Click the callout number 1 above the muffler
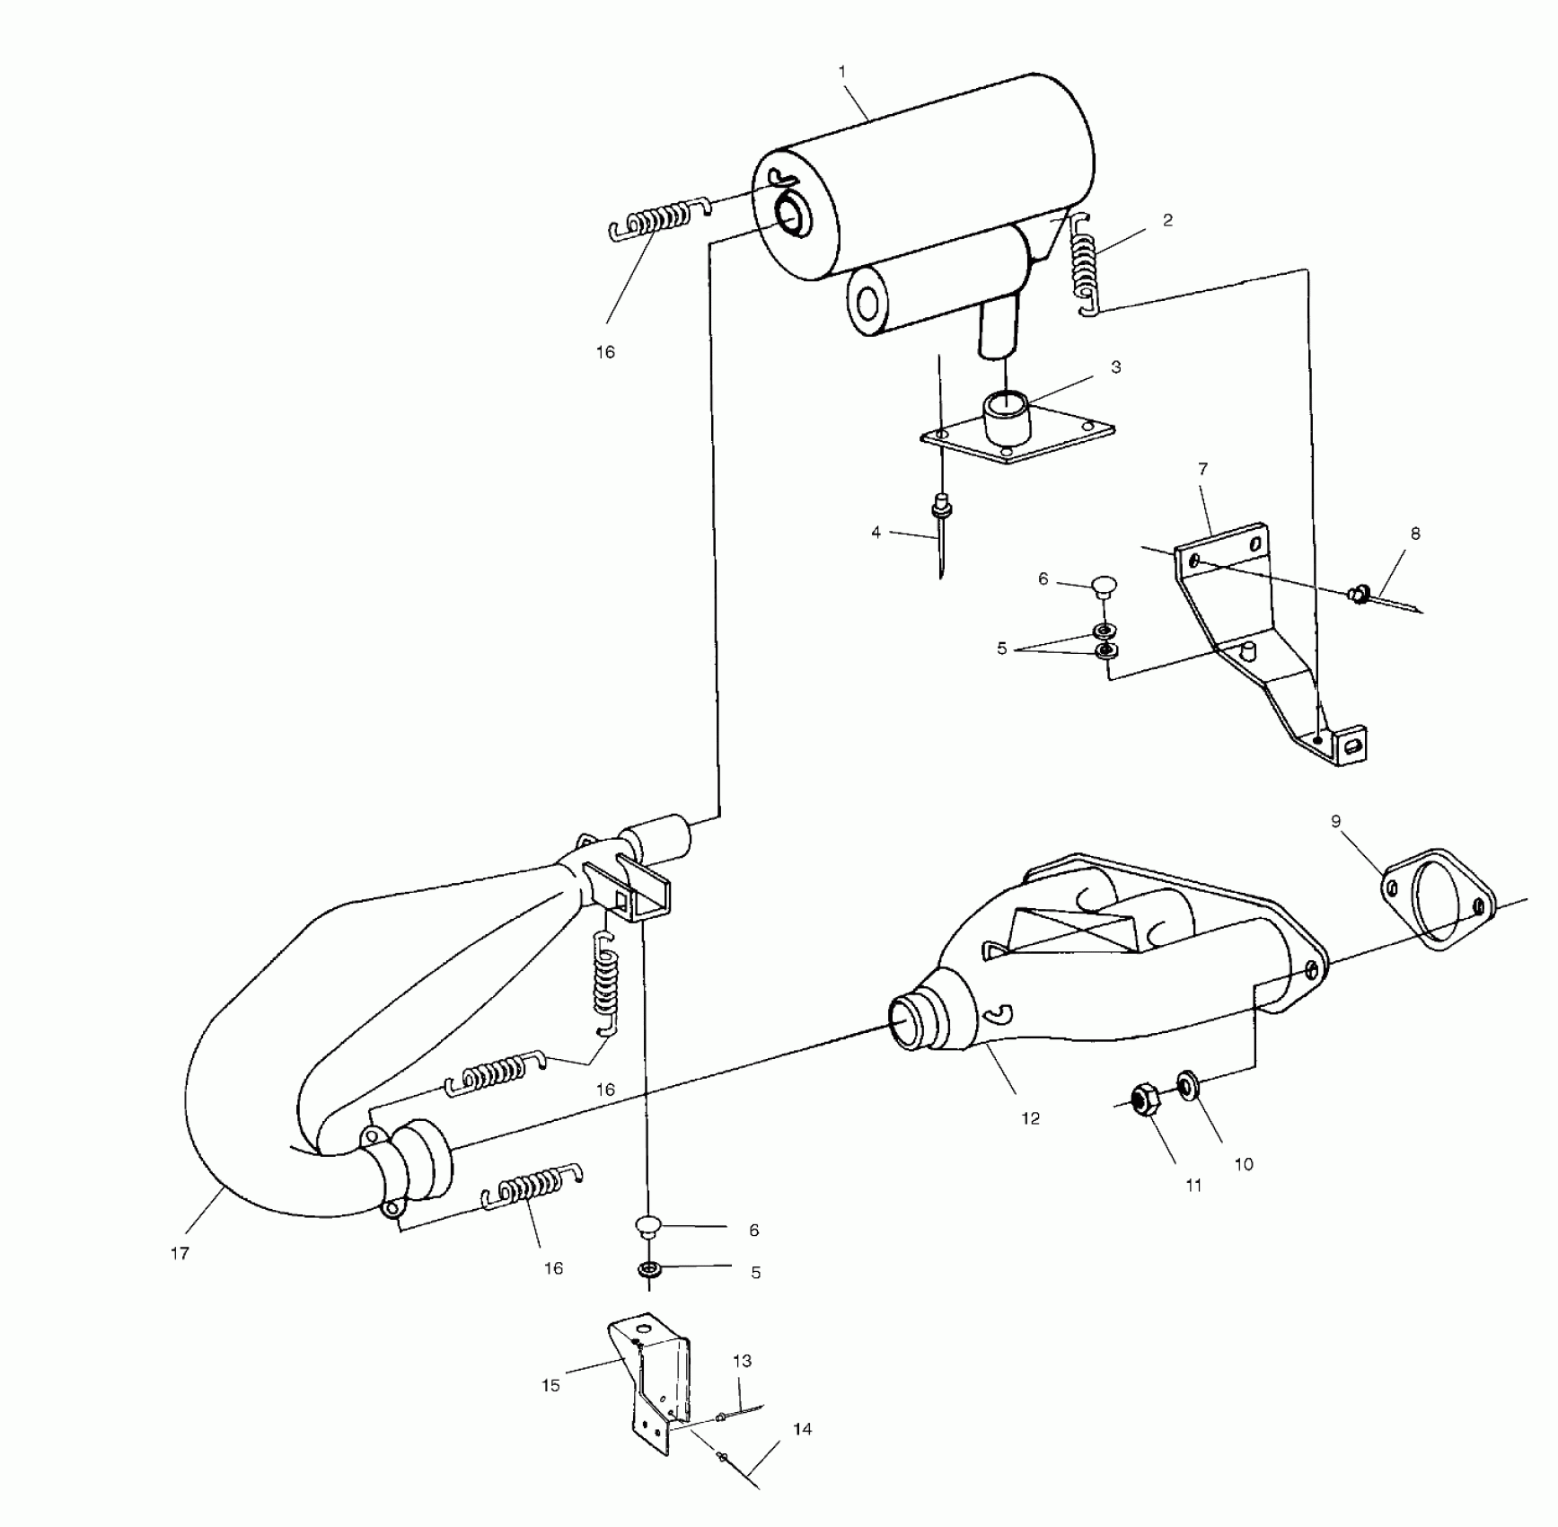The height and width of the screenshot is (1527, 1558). pyautogui.click(x=842, y=71)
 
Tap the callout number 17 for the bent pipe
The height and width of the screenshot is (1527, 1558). pyautogui.click(x=180, y=1253)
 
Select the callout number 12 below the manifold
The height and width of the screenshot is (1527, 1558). pyautogui.click(x=1030, y=1118)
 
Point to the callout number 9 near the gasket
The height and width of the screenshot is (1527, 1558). pyautogui.click(x=1335, y=822)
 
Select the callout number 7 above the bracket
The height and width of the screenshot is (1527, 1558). pyautogui.click(x=1203, y=469)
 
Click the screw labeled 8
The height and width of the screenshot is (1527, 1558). pyautogui.click(x=1360, y=593)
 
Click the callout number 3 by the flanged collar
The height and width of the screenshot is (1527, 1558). pyautogui.click(x=1116, y=367)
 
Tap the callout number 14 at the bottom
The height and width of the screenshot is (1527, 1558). pyautogui.click(x=803, y=1429)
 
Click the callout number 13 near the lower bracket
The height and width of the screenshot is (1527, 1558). pyautogui.click(x=742, y=1362)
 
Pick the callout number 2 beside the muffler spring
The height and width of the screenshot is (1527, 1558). pyautogui.click(x=1167, y=220)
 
